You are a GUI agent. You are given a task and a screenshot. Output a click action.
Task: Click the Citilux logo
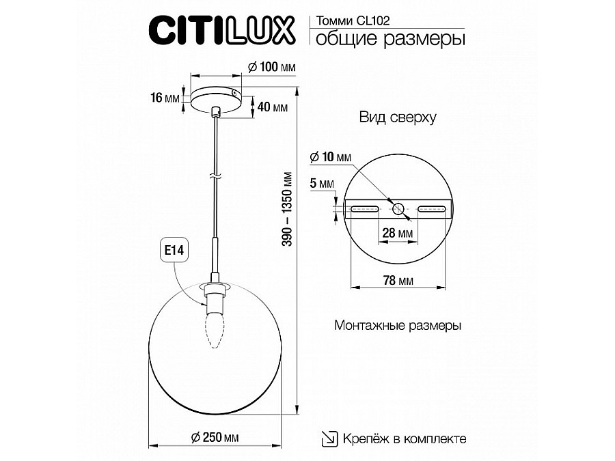click(x=221, y=30)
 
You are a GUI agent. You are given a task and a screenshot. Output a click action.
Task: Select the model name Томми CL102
click(x=353, y=20)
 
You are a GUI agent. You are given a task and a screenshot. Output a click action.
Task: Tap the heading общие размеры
click(x=390, y=39)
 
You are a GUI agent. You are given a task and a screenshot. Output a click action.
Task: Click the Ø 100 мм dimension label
click(x=272, y=67)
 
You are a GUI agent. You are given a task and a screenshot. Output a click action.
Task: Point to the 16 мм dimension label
click(x=165, y=97)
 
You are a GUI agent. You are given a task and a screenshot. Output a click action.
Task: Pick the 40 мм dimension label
click(x=273, y=107)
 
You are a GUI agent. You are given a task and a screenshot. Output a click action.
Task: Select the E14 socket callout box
click(x=174, y=250)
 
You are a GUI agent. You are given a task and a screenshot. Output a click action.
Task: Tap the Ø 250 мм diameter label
click(x=215, y=437)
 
